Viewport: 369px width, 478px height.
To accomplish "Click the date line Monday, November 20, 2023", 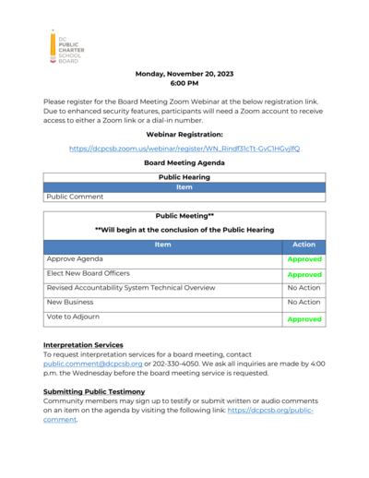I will tap(184, 74).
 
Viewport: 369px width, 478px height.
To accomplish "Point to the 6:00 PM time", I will tap(184, 83).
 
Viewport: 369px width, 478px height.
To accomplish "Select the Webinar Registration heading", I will tap(184, 134).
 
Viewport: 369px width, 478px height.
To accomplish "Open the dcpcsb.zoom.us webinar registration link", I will tap(184, 148).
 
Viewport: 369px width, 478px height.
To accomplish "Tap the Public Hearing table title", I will tap(184, 176).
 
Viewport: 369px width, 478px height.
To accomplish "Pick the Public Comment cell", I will tap(76, 197).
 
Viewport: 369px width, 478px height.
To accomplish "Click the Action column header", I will tap(304, 245).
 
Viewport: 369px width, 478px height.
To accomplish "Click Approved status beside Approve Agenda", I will tap(304, 260).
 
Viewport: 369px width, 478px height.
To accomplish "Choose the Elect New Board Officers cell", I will tap(89, 273).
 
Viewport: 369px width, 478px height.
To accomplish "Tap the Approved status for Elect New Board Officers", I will tap(304, 275).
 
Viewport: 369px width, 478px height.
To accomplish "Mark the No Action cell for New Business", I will tap(304, 302).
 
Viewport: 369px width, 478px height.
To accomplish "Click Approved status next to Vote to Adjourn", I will tap(304, 319).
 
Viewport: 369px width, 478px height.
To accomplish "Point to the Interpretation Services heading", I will tap(83, 345).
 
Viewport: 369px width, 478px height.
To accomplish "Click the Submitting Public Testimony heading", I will tap(95, 391).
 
